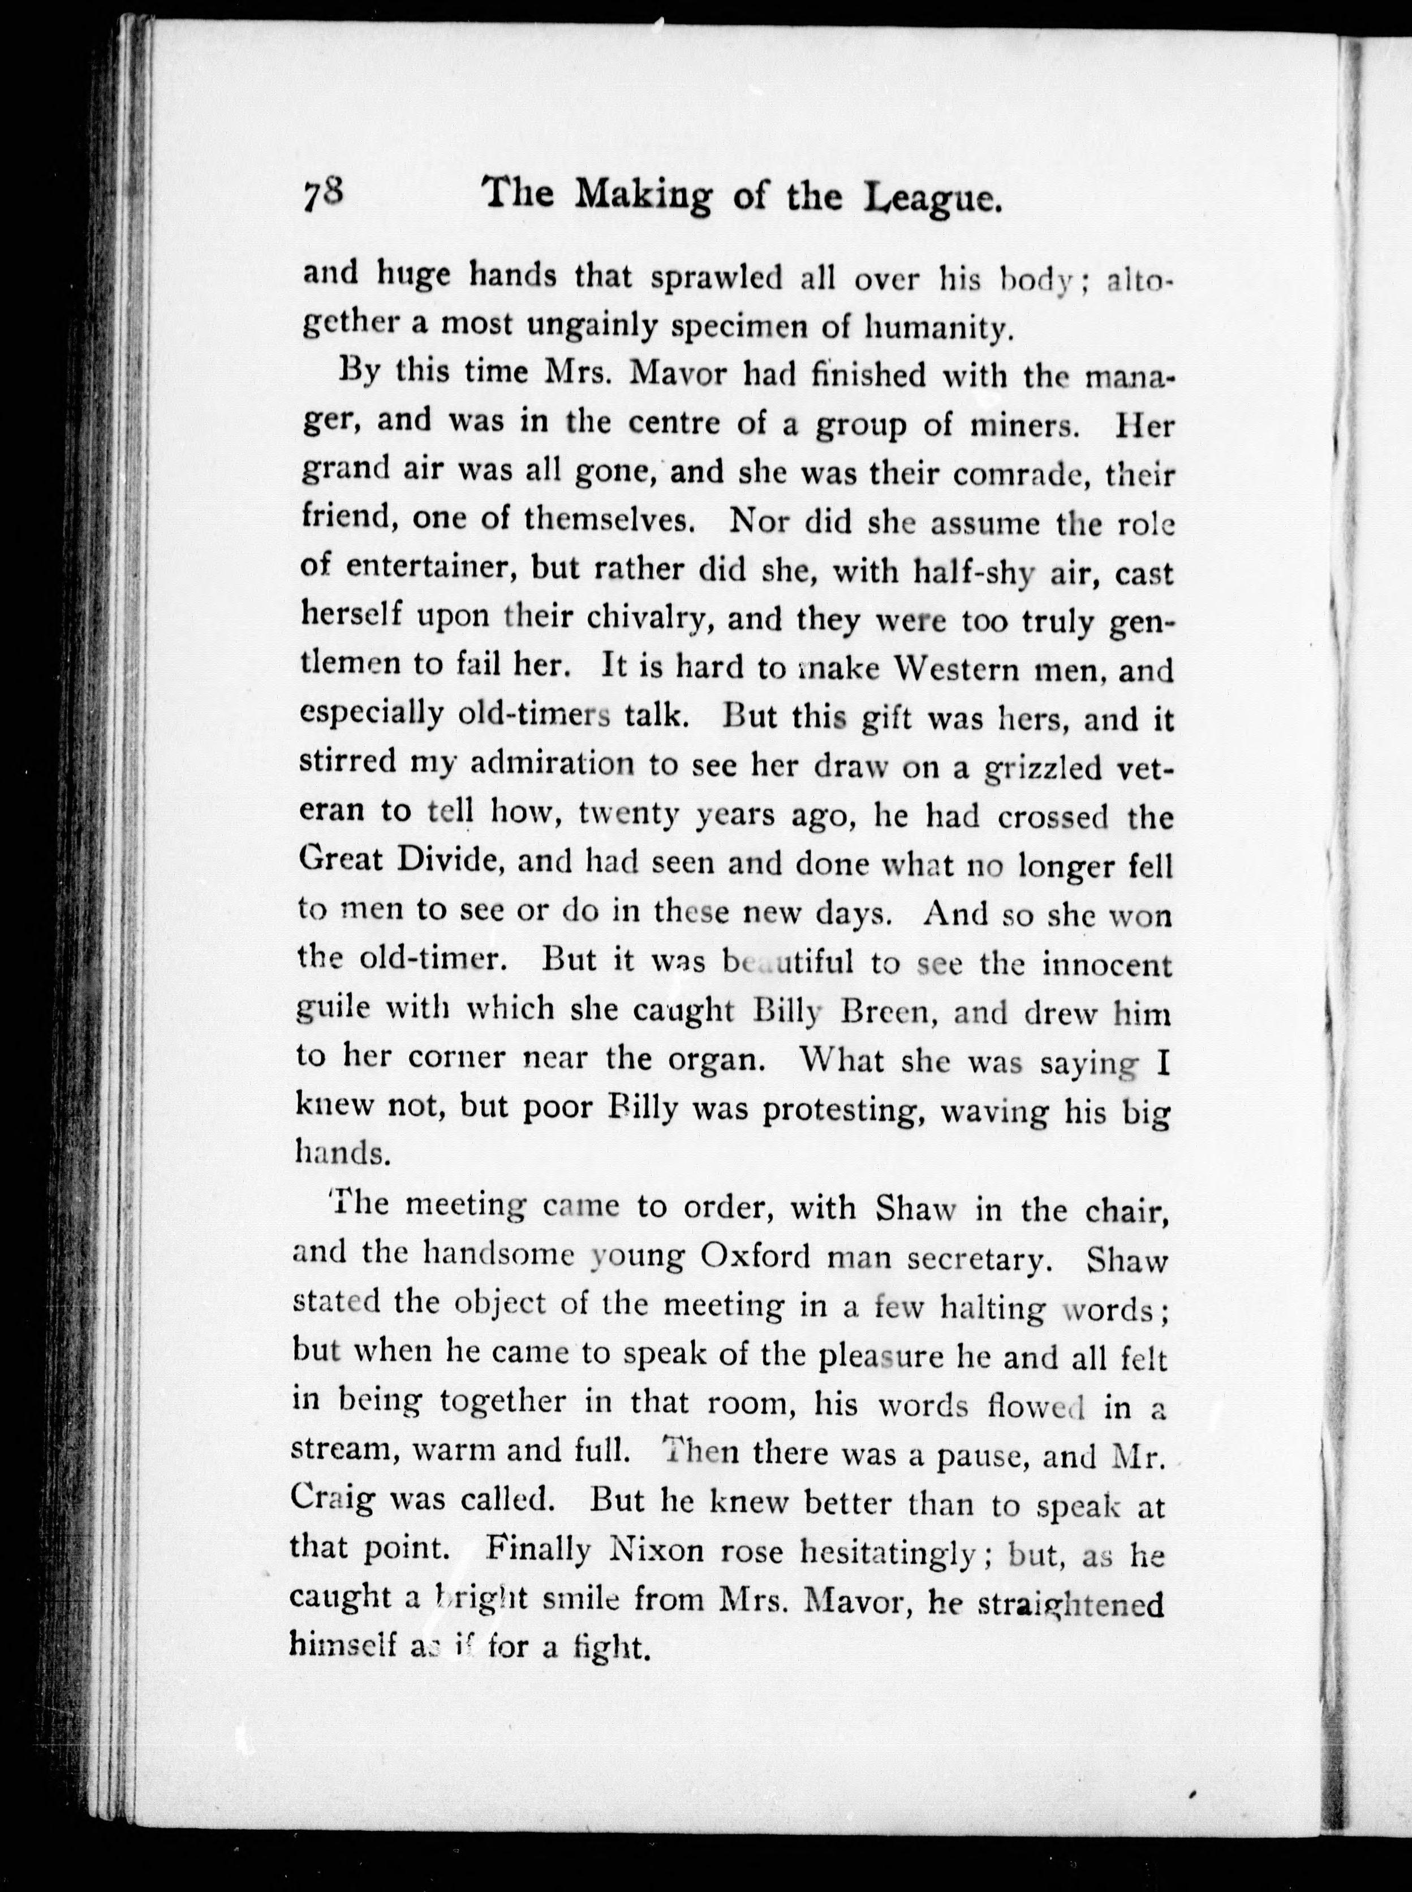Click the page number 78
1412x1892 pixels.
coord(322,207)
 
